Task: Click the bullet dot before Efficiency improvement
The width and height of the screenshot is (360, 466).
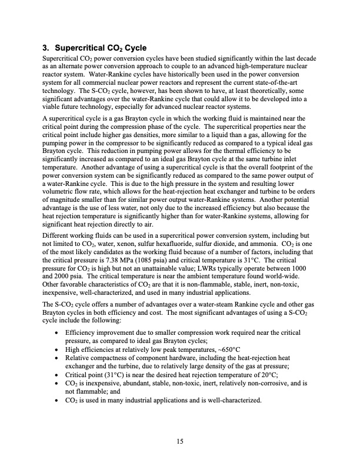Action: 55,332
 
